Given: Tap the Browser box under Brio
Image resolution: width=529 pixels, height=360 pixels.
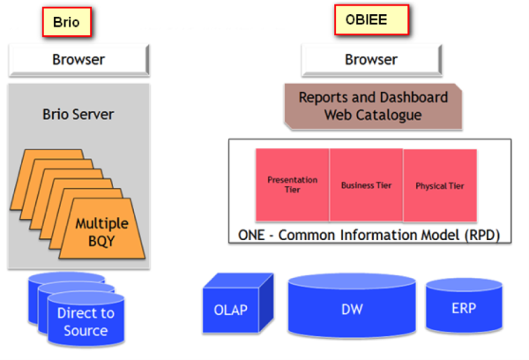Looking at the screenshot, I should pyautogui.click(x=78, y=61).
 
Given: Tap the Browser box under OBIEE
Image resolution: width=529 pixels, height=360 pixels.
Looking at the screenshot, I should pyautogui.click(x=370, y=61).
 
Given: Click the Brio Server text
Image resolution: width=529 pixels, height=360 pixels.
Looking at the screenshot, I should pyautogui.click(x=78, y=114).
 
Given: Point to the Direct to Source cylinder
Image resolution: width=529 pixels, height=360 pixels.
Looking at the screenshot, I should pyautogui.click(x=86, y=322).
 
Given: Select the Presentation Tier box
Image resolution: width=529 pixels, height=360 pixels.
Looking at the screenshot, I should pyautogui.click(x=292, y=184).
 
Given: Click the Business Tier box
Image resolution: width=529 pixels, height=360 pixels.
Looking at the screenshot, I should pyautogui.click(x=366, y=184).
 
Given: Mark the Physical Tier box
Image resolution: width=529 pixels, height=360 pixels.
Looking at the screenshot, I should pyautogui.click(x=439, y=184).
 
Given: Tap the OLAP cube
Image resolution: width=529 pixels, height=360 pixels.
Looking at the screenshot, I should pyautogui.click(x=232, y=308).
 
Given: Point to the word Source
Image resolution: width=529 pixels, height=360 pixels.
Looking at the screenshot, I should pyautogui.click(x=86, y=331).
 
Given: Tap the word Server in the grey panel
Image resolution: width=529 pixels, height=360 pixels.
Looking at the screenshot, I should pyautogui.click(x=95, y=114).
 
